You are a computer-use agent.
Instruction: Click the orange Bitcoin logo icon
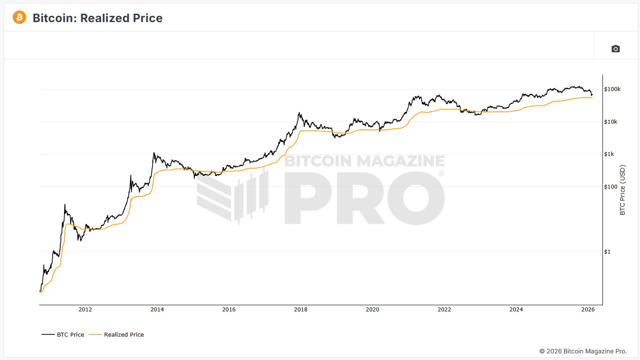click(x=19, y=18)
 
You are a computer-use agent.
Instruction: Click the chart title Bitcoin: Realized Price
click(x=98, y=18)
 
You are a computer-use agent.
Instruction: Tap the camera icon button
click(x=615, y=49)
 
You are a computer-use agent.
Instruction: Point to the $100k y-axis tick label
click(x=612, y=89)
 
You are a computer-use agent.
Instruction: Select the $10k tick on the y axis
click(x=611, y=122)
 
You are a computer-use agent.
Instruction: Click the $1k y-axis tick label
click(x=610, y=154)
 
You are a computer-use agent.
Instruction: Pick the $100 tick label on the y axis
click(x=611, y=187)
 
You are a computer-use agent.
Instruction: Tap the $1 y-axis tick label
click(x=608, y=252)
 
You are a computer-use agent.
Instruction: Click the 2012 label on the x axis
click(x=85, y=310)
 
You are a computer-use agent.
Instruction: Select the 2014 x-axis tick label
click(x=157, y=310)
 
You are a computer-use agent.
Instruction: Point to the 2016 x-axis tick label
click(x=229, y=310)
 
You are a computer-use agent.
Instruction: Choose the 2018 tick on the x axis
click(x=301, y=310)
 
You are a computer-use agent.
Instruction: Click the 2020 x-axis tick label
click(x=372, y=310)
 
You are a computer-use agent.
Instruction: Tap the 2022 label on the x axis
click(x=444, y=310)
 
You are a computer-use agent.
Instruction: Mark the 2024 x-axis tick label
click(x=516, y=310)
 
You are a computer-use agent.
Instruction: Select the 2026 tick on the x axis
click(x=588, y=310)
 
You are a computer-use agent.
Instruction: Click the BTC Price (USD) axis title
click(x=623, y=190)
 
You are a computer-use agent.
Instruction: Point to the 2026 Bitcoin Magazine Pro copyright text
click(x=583, y=351)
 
